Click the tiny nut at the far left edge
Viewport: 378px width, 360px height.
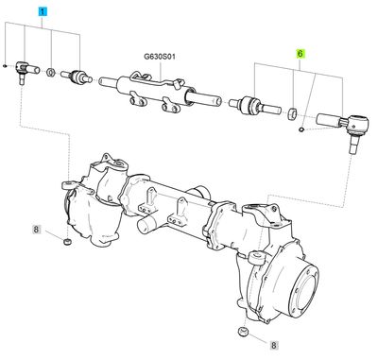pyautogui.click(x=6, y=66)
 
